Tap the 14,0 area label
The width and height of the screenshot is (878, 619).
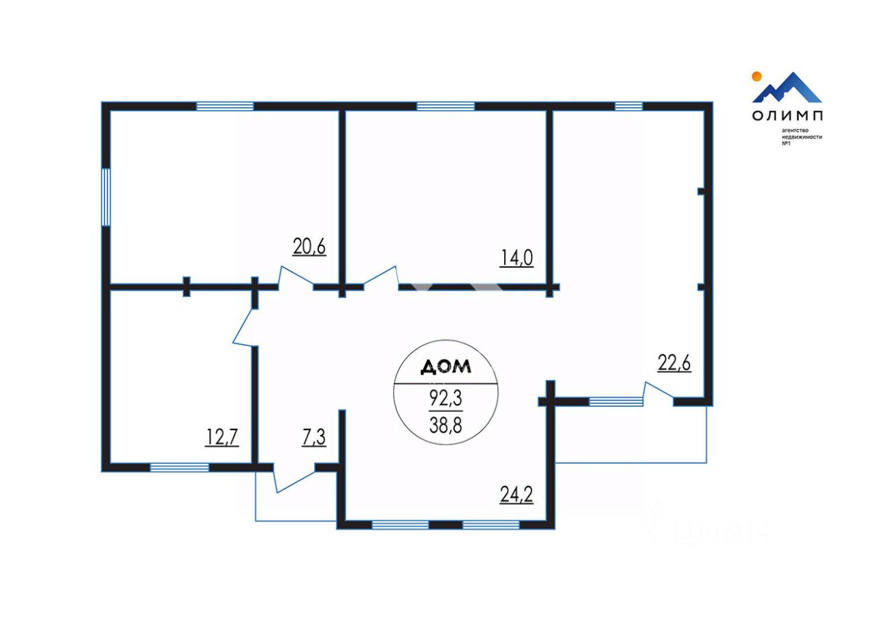pos(517,258)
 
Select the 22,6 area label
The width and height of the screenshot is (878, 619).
pos(674,363)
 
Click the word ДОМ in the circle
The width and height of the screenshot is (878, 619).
pos(445,367)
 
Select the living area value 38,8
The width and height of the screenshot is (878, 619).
pos(445,425)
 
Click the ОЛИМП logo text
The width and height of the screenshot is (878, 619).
pos(787,115)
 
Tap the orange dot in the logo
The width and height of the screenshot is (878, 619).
pos(757,76)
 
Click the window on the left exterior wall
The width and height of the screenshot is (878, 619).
pos(106,197)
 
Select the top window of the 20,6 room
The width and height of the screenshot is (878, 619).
pos(225,106)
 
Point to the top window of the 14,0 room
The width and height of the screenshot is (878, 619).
pos(445,106)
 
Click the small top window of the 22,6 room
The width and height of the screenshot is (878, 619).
pos(628,106)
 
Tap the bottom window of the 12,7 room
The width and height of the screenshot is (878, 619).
pos(179,467)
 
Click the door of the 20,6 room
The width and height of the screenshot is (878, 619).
pos(296,277)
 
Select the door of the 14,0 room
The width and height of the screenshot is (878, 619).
pos(381,277)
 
